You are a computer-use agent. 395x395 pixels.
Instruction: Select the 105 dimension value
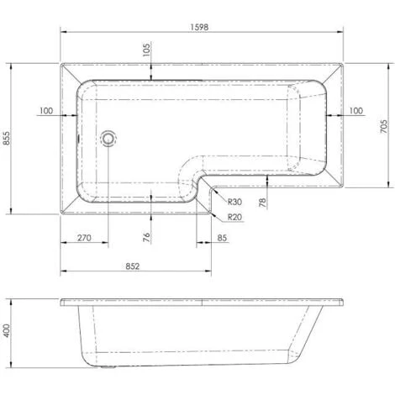(148, 50)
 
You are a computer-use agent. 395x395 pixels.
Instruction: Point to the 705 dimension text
(382, 126)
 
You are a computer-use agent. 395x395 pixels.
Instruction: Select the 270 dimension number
(84, 238)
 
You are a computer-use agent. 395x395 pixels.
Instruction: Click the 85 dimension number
(222, 238)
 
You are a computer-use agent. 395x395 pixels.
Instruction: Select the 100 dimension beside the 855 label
(45, 111)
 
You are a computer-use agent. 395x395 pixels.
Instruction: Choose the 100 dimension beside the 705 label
(356, 111)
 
